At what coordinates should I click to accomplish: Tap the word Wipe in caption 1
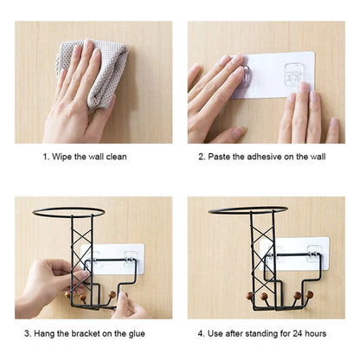pyautogui.click(x=62, y=157)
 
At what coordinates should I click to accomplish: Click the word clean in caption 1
pyautogui.click(x=116, y=157)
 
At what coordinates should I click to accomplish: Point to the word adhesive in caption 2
pyautogui.click(x=264, y=157)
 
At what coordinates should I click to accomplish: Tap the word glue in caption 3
pyautogui.click(x=137, y=334)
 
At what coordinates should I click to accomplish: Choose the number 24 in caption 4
pyautogui.click(x=298, y=334)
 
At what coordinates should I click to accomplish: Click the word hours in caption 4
pyautogui.click(x=316, y=334)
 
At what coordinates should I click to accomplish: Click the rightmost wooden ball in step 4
pyautogui.click(x=310, y=294)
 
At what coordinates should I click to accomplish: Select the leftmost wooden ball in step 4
pyautogui.click(x=249, y=295)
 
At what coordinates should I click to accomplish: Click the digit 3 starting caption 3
pyautogui.click(x=27, y=334)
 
